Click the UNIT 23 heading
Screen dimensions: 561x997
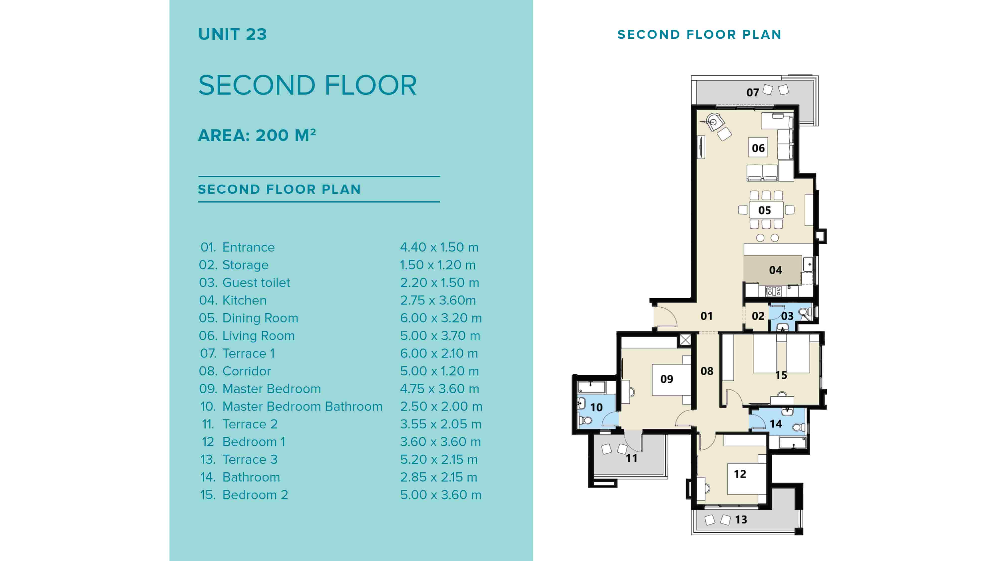(232, 34)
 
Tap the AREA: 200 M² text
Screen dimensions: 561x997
(257, 136)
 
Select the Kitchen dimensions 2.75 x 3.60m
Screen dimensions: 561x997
(438, 300)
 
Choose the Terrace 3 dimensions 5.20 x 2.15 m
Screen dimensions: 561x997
(438, 459)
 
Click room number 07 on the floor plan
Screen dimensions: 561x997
(752, 92)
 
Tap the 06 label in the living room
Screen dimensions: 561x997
(758, 148)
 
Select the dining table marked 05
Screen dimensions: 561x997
(764, 210)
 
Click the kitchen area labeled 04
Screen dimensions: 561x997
(775, 270)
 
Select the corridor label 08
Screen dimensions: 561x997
(707, 371)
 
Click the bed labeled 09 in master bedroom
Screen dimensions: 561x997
(666, 379)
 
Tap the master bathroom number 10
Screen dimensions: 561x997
(596, 407)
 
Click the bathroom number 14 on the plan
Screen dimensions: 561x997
(775, 424)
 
